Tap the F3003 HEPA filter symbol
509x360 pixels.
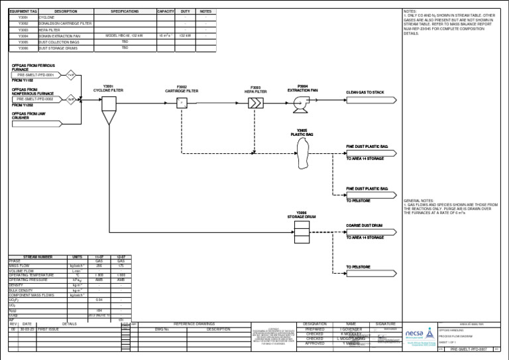point(255,103)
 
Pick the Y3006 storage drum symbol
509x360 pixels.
point(302,229)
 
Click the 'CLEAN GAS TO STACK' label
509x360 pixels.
point(365,91)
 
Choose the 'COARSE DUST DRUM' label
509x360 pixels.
point(364,225)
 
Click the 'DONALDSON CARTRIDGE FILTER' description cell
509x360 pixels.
point(65,24)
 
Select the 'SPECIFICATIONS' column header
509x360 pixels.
point(125,11)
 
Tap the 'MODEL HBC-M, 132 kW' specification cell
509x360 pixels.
point(125,36)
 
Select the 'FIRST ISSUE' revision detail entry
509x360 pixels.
point(48,329)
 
